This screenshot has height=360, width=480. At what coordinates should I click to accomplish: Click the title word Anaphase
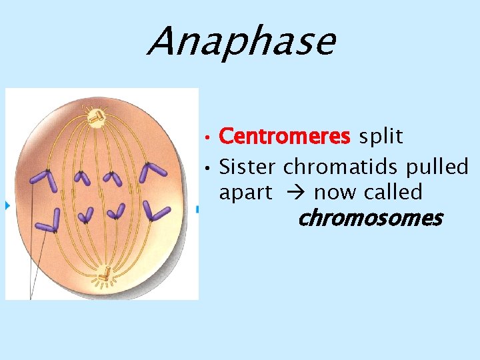click(x=241, y=41)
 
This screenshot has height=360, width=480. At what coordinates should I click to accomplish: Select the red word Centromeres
click(x=284, y=137)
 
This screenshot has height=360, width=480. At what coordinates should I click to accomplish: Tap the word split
click(x=381, y=137)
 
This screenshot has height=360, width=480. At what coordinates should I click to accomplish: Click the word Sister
click(x=248, y=166)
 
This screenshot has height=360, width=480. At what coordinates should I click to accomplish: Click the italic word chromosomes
click(x=369, y=218)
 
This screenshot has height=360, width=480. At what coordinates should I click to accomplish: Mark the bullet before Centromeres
click(x=208, y=138)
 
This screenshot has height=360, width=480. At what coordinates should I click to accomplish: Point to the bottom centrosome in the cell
click(x=105, y=273)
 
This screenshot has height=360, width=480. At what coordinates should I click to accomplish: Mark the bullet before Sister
click(x=208, y=167)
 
